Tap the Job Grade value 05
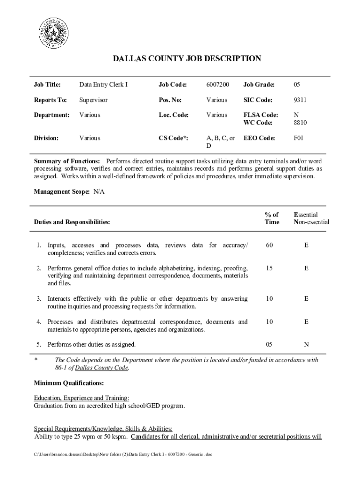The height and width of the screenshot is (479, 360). pyautogui.click(x=297, y=85)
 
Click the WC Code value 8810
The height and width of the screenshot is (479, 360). pyautogui.click(x=300, y=123)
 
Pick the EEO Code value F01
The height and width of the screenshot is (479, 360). pyautogui.click(x=298, y=138)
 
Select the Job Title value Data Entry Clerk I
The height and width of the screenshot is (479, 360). pyautogui.click(x=103, y=85)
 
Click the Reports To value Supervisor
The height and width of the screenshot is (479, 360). pyautogui.click(x=93, y=100)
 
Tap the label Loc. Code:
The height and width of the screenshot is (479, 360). pyautogui.click(x=173, y=115)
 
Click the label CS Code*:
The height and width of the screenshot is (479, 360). pyautogui.click(x=173, y=138)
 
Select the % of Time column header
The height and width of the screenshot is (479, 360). pyautogui.click(x=272, y=218)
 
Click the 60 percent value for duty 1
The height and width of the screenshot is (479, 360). pyautogui.click(x=269, y=245)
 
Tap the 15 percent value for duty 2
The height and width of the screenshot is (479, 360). pyautogui.click(x=269, y=268)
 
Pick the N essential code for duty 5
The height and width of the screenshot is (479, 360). pyautogui.click(x=306, y=345)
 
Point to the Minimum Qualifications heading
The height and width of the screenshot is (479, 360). pyautogui.click(x=69, y=383)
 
